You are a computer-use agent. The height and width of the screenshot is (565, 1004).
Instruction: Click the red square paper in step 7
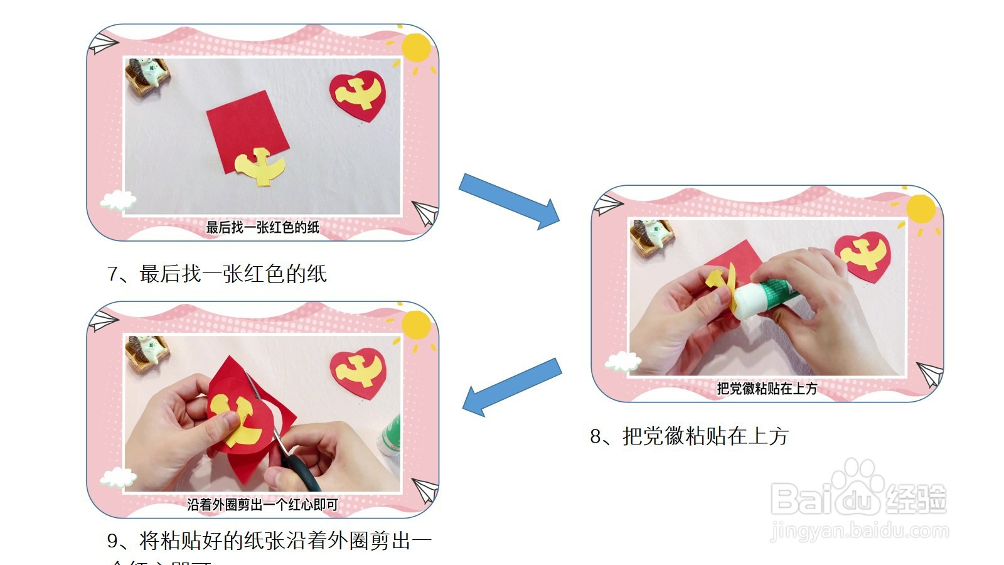point(247,129)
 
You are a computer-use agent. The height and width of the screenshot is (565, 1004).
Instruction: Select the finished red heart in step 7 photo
point(358,96)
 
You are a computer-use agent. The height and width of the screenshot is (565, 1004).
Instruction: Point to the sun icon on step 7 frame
point(415,47)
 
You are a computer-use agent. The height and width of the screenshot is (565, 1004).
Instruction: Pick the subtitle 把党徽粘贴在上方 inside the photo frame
point(767,389)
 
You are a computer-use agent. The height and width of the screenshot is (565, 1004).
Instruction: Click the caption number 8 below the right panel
point(595,436)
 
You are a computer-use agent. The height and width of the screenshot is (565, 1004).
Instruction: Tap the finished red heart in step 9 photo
point(358,372)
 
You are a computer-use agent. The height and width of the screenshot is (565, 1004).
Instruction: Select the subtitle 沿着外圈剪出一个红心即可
point(262,504)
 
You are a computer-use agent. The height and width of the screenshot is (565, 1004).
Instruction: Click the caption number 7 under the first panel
point(113,274)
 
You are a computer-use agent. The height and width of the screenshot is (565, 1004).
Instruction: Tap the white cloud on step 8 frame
point(623,362)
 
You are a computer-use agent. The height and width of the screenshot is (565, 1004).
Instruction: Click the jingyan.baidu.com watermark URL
point(860,532)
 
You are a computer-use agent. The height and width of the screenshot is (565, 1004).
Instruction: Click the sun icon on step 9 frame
point(415,325)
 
